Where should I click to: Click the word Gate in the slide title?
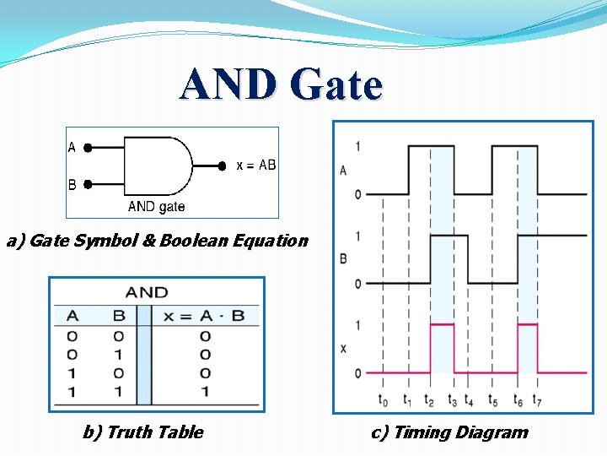click(x=336, y=85)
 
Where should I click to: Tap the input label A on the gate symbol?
click(x=72, y=147)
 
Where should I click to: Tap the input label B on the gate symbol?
click(x=72, y=183)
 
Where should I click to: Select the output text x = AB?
click(x=255, y=166)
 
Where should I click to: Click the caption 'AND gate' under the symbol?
click(x=156, y=207)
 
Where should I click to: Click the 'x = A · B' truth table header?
click(x=204, y=316)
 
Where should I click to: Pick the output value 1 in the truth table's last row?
click(x=205, y=391)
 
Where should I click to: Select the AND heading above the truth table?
click(x=146, y=292)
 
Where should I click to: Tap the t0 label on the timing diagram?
click(x=384, y=399)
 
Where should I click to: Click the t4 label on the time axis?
click(x=470, y=399)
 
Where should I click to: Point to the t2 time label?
click(x=430, y=399)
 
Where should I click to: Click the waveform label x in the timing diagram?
click(x=343, y=348)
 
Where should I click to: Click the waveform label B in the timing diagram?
click(x=343, y=258)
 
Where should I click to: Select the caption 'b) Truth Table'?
click(x=142, y=432)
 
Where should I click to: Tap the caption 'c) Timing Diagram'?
click(x=449, y=432)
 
